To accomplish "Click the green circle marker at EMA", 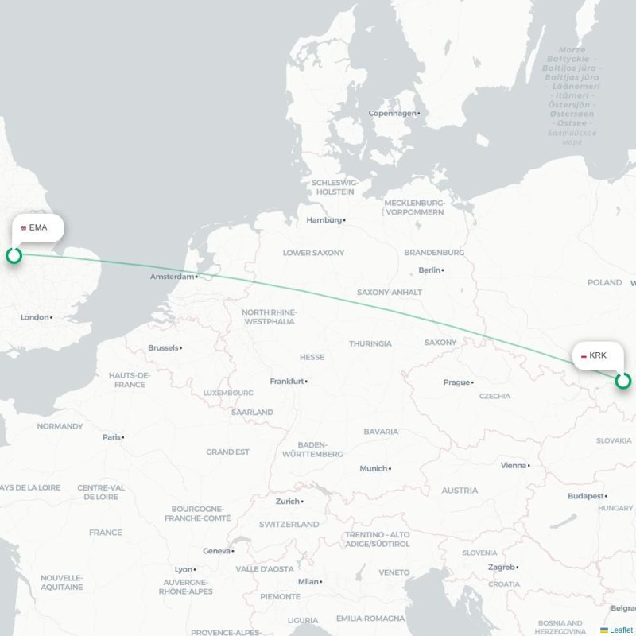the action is (x=14, y=255).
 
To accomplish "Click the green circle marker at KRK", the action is (x=623, y=381).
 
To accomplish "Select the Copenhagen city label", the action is (x=392, y=114).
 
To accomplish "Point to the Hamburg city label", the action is (x=324, y=220).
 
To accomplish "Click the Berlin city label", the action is (x=429, y=270).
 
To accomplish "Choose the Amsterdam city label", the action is (x=173, y=277).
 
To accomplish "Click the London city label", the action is (x=35, y=317).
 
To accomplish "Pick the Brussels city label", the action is (x=163, y=348).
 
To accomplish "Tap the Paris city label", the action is (x=111, y=437).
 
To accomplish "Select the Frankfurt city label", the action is (x=287, y=382).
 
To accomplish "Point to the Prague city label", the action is (x=456, y=382).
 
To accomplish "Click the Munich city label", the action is (x=373, y=469).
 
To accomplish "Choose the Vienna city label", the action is (x=514, y=466).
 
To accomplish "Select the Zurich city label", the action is (x=287, y=502).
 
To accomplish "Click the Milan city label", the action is (x=308, y=581).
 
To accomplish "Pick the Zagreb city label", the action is (x=502, y=568).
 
